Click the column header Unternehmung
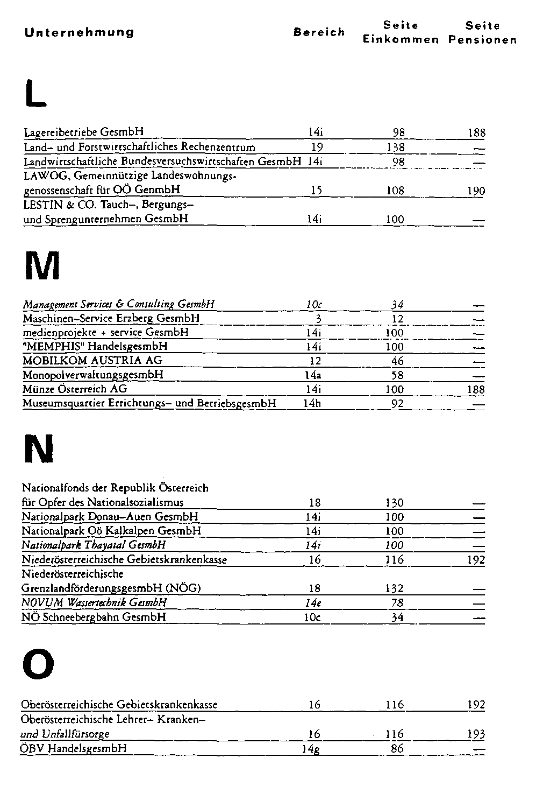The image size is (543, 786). (x=80, y=32)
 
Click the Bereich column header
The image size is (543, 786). (x=319, y=32)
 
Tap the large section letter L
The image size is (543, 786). (x=35, y=92)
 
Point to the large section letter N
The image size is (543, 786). (x=39, y=448)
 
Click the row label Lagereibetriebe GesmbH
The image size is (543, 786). (x=84, y=132)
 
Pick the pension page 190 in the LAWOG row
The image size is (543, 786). (x=476, y=191)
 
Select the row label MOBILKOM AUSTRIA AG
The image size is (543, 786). (x=92, y=360)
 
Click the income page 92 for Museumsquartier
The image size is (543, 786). (x=397, y=403)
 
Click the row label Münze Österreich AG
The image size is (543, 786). (x=75, y=389)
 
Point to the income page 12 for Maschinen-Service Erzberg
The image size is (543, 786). (x=397, y=319)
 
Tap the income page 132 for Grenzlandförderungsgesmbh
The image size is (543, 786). (x=395, y=588)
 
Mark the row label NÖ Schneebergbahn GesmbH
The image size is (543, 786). (x=94, y=617)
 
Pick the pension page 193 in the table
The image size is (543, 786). (x=476, y=734)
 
